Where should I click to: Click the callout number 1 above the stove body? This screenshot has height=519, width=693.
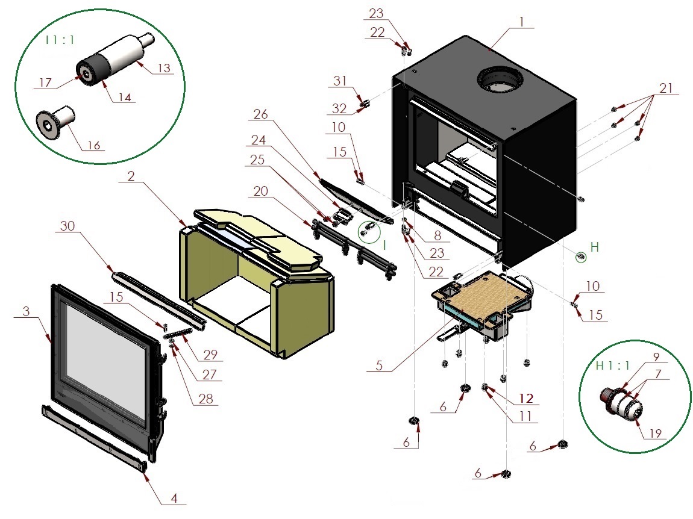coord(521,21)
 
